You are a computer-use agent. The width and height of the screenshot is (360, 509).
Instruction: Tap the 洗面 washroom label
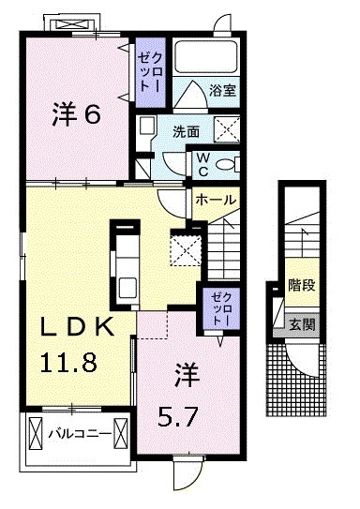click(186, 132)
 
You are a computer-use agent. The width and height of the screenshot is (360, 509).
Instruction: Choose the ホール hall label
click(215, 200)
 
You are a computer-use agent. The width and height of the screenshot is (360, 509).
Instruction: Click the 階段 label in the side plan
click(301, 287)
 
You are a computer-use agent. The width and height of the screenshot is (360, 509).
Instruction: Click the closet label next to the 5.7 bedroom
click(217, 308)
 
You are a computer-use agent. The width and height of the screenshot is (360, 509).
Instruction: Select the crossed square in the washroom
click(226, 130)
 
